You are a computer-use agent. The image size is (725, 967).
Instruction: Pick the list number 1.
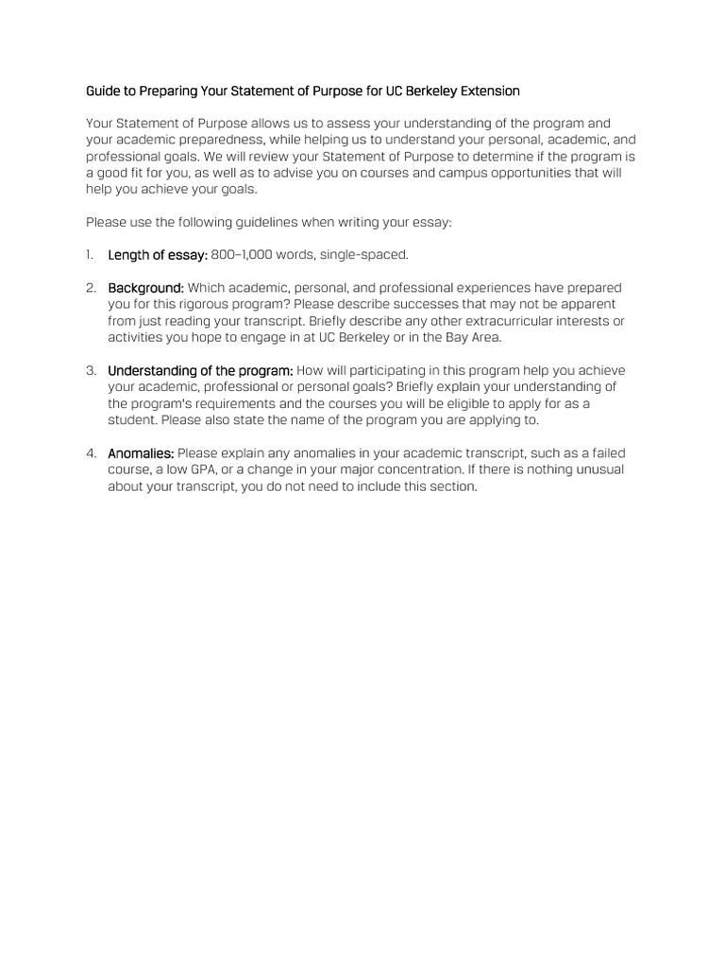coord(89,255)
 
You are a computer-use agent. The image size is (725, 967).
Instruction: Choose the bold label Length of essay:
coord(158,255)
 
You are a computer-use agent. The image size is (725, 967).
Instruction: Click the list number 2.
coord(91,288)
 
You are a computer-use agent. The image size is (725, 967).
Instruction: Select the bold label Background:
coord(145,288)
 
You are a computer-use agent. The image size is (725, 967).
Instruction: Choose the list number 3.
coord(91,370)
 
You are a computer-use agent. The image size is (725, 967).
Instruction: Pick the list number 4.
coord(91,453)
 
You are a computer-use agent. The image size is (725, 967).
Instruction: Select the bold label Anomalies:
coord(141,453)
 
